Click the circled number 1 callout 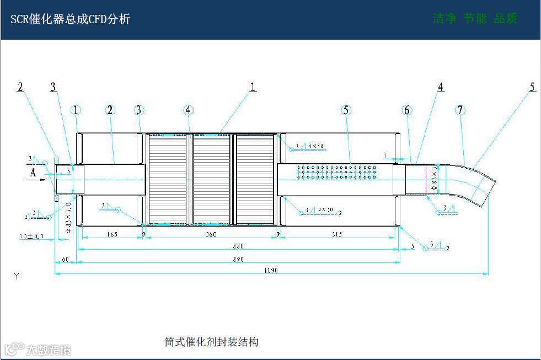[76, 110]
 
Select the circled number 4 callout [189, 110]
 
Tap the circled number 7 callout [460, 110]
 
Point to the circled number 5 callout [346, 110]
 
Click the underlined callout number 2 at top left [20, 87]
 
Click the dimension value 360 [210, 235]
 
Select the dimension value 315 [337, 235]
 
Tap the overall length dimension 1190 [270, 271]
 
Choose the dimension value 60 [65, 259]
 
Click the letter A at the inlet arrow [33, 173]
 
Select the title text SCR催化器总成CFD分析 [71, 19]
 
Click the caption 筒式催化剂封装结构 [211, 342]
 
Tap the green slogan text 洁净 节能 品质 [475, 19]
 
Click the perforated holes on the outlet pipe [336, 171]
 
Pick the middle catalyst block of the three [211, 179]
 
